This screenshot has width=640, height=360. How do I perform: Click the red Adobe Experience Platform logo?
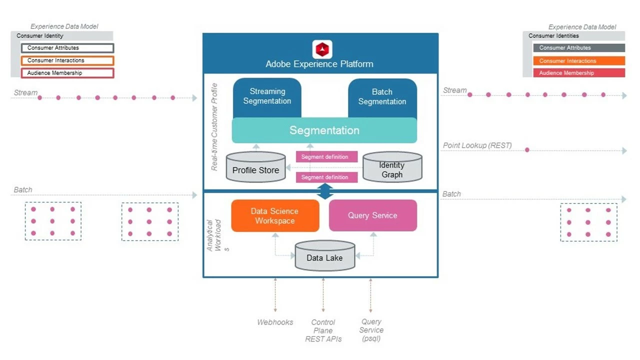pyautogui.click(x=322, y=49)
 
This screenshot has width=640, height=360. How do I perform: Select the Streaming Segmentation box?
pyautogui.click(x=267, y=96)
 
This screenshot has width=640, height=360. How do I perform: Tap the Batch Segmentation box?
pyautogui.click(x=382, y=96)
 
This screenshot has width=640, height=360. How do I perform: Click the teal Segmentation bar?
pyautogui.click(x=324, y=130)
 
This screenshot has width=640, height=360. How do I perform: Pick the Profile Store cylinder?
pyautogui.click(x=255, y=167)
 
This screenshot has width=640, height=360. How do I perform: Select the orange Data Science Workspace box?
pyautogui.click(x=274, y=216)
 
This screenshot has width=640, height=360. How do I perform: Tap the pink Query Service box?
pyautogui.click(x=372, y=215)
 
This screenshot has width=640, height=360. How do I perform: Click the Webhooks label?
pyautogui.click(x=275, y=322)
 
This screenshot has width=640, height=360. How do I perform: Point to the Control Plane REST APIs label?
pyautogui.click(x=323, y=330)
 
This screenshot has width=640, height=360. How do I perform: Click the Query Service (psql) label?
pyautogui.click(x=371, y=330)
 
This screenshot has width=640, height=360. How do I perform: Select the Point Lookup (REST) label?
pyautogui.click(x=477, y=145)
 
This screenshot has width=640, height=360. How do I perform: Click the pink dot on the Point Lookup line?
pyautogui.click(x=527, y=150)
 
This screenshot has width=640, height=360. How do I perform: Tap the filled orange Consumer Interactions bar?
pyautogui.click(x=578, y=61)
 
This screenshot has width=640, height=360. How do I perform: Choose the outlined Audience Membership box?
pyautogui.click(x=67, y=73)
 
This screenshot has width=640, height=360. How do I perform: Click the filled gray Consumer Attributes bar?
pyautogui.click(x=578, y=48)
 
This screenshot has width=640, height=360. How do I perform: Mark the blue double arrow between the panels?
pyautogui.click(x=325, y=191)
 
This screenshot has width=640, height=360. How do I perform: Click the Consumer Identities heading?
pyautogui.click(x=553, y=36)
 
